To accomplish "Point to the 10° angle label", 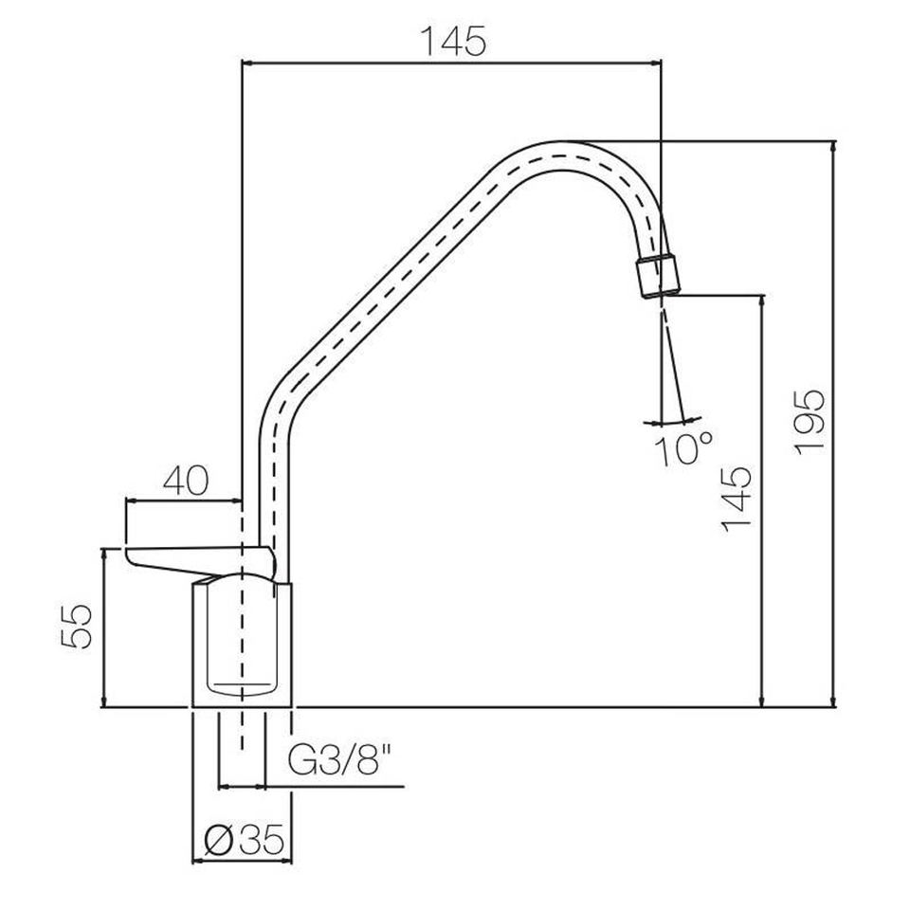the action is (683, 448).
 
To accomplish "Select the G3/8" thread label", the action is (341, 760).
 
